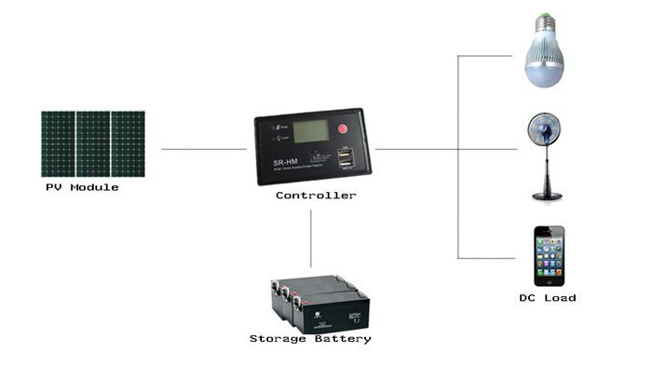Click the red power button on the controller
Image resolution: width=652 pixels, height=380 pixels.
coord(342,129)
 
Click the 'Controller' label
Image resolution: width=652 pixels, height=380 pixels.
coord(315,196)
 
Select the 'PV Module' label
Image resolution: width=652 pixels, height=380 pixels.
coord(83,187)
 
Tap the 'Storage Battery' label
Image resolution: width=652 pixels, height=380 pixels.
coord(310,338)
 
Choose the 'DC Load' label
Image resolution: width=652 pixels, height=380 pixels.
coord(547,298)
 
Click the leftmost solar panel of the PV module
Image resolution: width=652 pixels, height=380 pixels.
coord(58,144)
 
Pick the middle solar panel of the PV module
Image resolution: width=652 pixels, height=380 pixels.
coord(92,144)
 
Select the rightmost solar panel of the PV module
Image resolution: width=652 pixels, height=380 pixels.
coord(128,144)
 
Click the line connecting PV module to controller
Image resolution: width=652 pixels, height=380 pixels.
coord(204,149)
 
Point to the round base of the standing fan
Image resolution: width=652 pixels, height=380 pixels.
coord(546,195)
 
